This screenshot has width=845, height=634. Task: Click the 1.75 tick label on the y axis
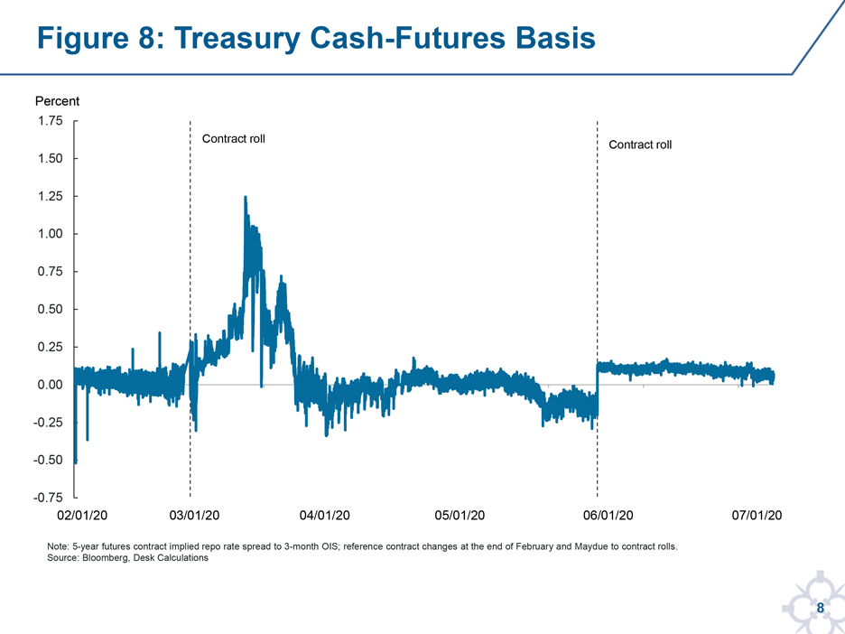(x=51, y=121)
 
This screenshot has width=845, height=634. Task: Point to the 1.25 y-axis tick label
(x=51, y=196)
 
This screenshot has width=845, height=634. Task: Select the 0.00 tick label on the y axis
(x=51, y=385)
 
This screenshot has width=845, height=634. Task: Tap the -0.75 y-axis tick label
(x=48, y=499)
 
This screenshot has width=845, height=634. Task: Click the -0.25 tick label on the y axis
(x=48, y=423)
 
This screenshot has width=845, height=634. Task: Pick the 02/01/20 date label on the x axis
(x=82, y=516)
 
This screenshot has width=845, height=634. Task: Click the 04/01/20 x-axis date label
(x=324, y=516)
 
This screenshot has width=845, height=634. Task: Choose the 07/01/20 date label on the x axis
(x=757, y=516)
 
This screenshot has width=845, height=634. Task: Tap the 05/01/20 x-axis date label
(x=460, y=516)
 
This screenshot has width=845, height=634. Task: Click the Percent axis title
(x=57, y=101)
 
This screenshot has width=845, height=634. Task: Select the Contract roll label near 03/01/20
(x=233, y=139)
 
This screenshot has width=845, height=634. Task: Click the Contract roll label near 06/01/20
(x=640, y=145)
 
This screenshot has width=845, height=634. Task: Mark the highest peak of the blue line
(x=246, y=197)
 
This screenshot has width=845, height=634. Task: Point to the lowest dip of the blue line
(x=76, y=462)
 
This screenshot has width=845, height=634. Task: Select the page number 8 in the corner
(x=821, y=608)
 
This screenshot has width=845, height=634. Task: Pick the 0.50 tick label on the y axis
(x=51, y=310)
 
